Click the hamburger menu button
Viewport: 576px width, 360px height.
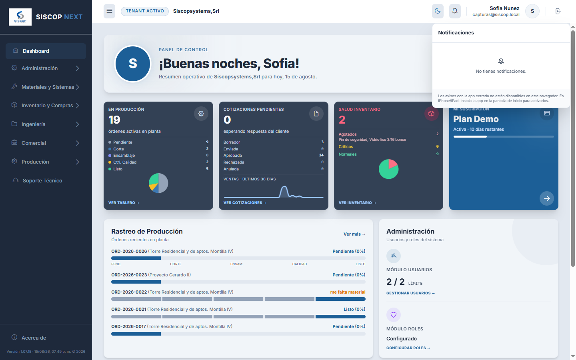[x=109, y=11]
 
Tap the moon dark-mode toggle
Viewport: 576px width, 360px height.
[x=438, y=11]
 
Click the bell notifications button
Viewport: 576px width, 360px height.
[x=455, y=11]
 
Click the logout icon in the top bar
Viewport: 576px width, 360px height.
[x=558, y=11]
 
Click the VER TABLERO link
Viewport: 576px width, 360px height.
[x=124, y=203]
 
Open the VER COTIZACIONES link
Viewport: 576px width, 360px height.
[x=245, y=203]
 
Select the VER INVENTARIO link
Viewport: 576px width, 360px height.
[x=357, y=203]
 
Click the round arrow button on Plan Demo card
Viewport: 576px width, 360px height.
[x=547, y=198]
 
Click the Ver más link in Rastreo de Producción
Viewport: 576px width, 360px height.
[x=354, y=234]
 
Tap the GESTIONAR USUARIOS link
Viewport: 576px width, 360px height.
[x=410, y=293]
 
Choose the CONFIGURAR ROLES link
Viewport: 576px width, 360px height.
[x=408, y=348]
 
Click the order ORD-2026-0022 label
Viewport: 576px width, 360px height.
[x=129, y=292]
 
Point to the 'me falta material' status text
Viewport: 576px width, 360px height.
[x=348, y=292]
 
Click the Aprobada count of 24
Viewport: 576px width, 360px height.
[x=321, y=155]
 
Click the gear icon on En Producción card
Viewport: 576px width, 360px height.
[x=201, y=114]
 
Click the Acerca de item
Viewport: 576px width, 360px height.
[x=34, y=338]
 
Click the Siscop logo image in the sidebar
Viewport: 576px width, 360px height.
[x=20, y=17]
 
